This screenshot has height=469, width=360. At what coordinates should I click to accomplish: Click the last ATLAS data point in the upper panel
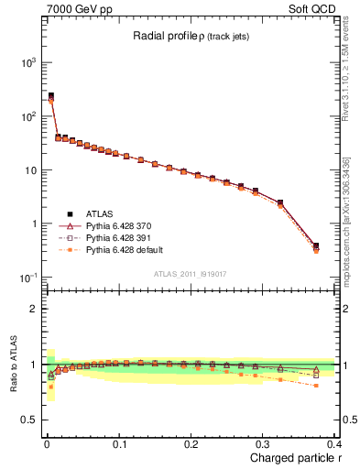coord(316,245)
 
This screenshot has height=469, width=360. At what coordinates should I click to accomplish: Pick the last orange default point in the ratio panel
coord(316,386)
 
